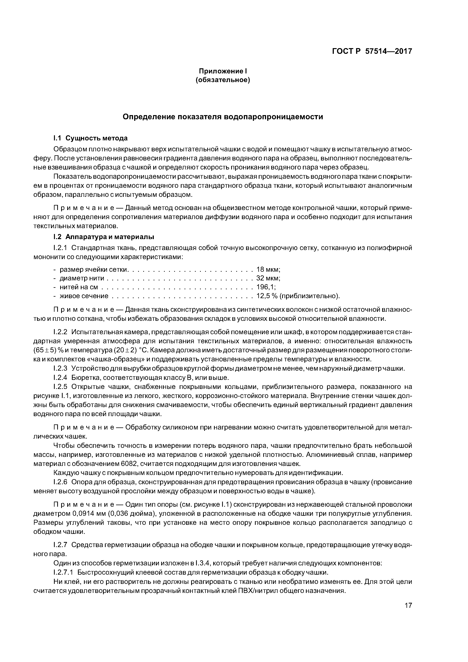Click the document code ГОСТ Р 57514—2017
372,51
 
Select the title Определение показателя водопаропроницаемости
223,117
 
